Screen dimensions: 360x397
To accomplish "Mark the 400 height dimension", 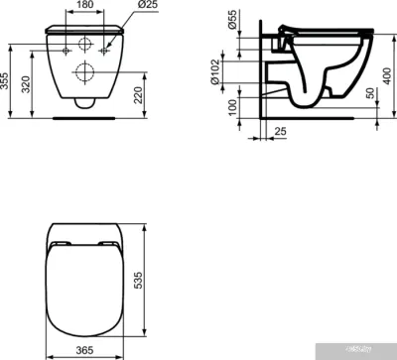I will click(388, 69).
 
